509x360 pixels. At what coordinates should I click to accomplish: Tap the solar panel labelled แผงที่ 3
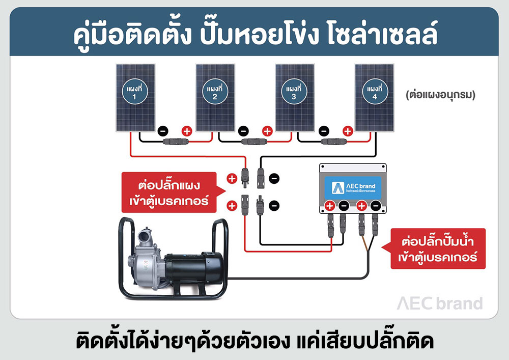[294, 97]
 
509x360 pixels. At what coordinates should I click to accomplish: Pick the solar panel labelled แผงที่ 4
[374, 97]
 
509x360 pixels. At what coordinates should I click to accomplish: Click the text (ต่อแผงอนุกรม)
[441, 94]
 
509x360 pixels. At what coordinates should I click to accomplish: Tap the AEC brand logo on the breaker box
[353, 186]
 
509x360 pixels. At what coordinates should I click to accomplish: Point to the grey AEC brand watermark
[439, 303]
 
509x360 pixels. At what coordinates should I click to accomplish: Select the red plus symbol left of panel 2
[187, 131]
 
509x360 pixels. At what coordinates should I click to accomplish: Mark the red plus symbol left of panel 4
[348, 131]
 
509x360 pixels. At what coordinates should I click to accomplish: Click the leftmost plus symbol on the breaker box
[329, 206]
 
